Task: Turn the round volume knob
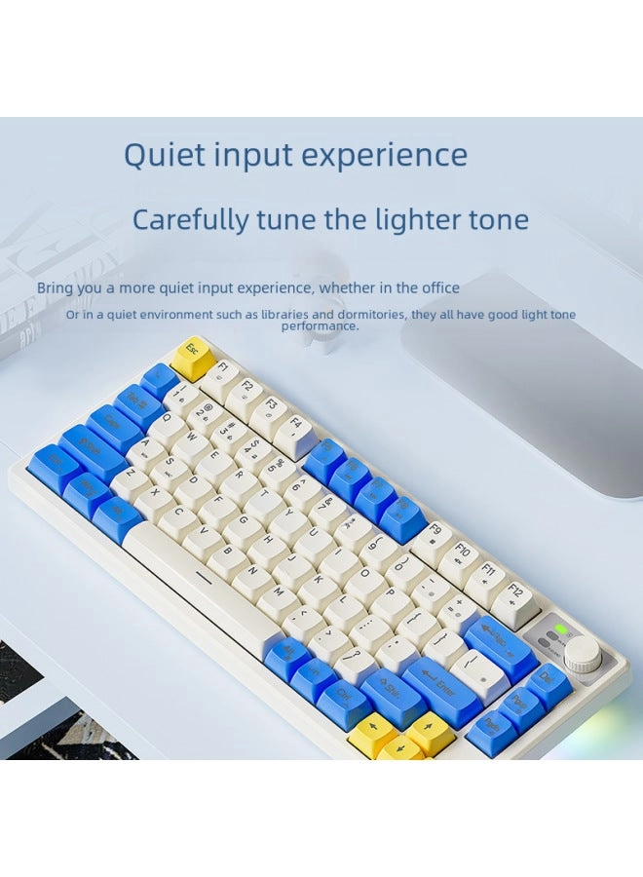click(x=582, y=654)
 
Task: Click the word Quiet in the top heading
click(x=163, y=156)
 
